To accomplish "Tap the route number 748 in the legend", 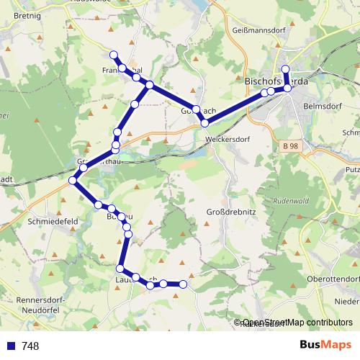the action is [30, 346].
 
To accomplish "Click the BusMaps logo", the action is [317, 346].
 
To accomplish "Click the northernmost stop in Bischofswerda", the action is [285, 70].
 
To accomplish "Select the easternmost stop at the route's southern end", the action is [183, 284].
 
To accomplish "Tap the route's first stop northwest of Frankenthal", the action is [113, 55].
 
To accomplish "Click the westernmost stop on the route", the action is [72, 180].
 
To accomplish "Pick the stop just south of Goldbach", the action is [204, 124].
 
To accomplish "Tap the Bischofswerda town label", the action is [277, 81].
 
